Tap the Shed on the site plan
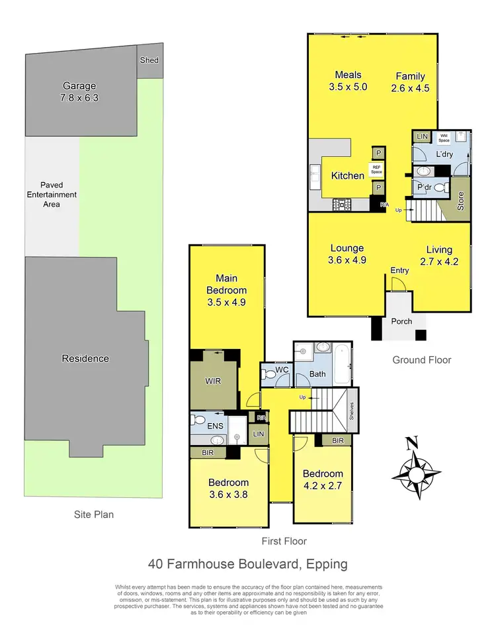[149, 60]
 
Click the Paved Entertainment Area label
[52, 195]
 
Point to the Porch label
[401, 321]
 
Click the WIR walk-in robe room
[213, 382]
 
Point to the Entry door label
[399, 270]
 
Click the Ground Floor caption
[422, 360]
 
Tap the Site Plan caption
[93, 514]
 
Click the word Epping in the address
[322, 564]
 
